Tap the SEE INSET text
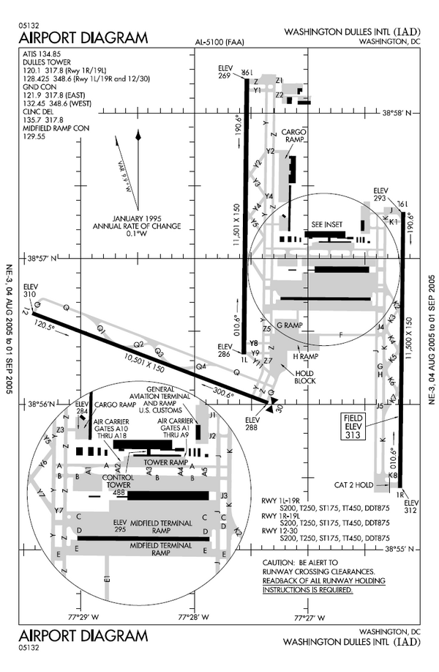pos(326,224)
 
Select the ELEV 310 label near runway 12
pos(30,290)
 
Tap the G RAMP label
pos(289,325)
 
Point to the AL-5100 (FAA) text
pos(219,43)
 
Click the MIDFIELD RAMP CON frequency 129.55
pos(36,136)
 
